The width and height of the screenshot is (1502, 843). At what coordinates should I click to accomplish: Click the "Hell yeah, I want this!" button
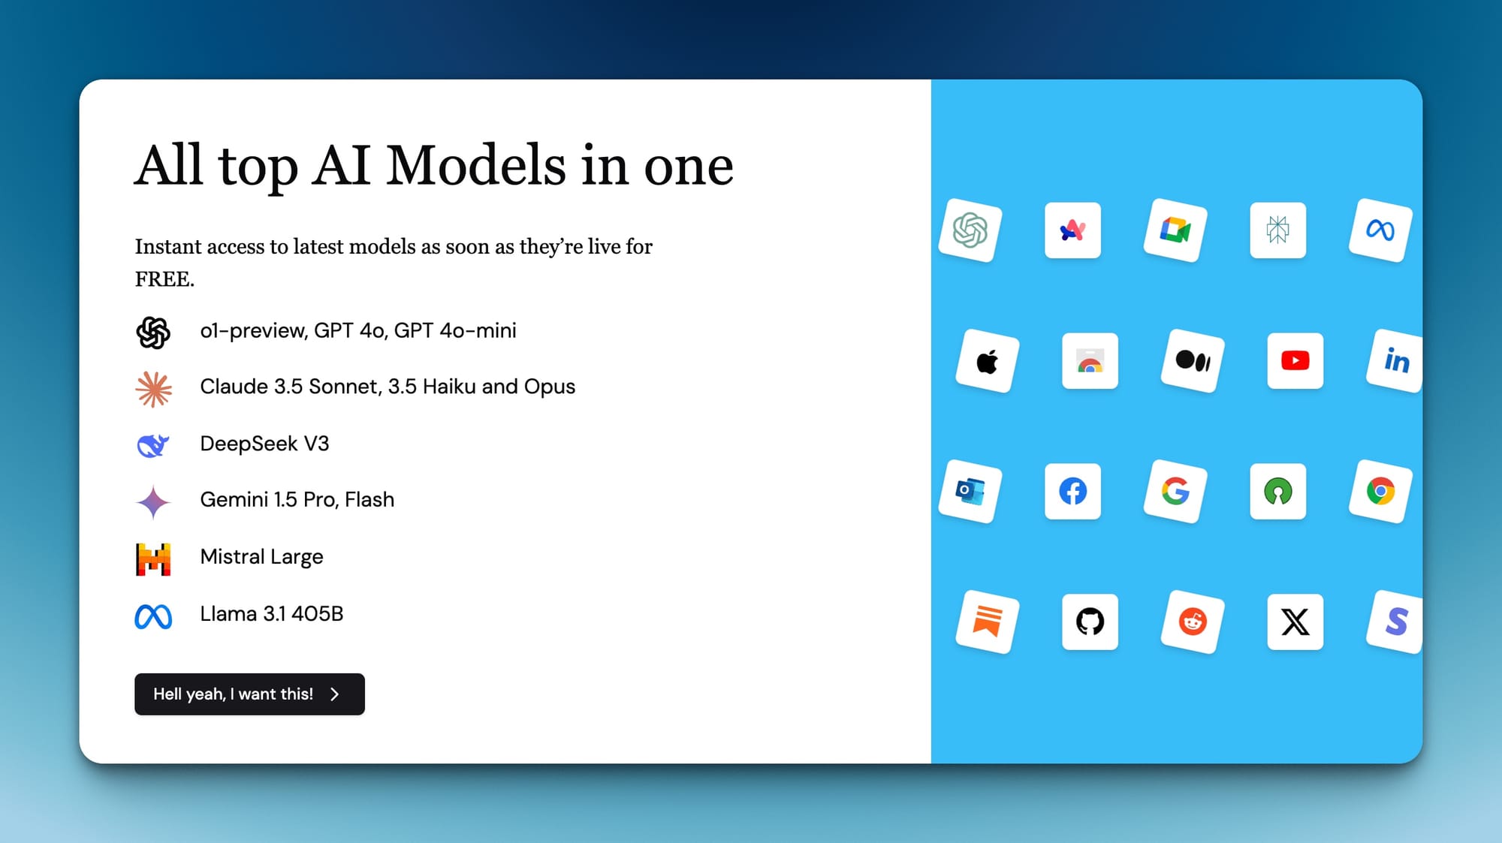pos(249,694)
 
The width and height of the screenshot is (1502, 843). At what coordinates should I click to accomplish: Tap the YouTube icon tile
pos(1295,360)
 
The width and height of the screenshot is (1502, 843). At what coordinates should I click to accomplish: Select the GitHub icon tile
pos(1090,622)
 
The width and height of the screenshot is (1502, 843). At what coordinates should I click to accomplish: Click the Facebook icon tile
pos(1072,491)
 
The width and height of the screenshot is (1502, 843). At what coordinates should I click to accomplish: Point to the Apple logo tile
pos(988,361)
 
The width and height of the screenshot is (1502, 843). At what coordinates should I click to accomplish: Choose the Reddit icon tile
pos(1193,622)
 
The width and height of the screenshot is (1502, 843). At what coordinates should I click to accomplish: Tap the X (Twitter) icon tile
pos(1295,622)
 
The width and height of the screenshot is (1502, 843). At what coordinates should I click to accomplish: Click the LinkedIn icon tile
pos(1395,360)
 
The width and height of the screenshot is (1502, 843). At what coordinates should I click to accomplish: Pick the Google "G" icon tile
pos(1175,491)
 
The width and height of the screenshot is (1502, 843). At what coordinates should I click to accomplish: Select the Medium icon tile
pos(1193,360)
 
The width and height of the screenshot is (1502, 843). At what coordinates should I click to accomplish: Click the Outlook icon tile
pos(970,491)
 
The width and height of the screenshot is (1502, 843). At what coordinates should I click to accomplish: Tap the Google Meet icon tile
pos(1175,230)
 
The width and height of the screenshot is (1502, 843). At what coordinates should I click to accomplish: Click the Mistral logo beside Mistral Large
pos(153,559)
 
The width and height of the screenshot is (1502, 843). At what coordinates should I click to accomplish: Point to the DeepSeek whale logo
pos(153,445)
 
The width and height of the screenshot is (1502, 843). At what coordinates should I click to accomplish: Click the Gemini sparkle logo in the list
pos(153,502)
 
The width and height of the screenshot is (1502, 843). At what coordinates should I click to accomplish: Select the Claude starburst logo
pos(153,390)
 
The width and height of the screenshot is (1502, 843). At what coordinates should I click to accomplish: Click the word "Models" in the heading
pos(476,165)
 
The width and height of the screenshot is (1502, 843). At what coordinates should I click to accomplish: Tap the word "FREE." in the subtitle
pos(164,279)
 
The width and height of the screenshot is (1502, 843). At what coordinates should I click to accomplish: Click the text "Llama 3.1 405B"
pos(271,614)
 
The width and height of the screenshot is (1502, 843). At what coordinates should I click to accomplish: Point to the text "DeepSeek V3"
pos(264,444)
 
